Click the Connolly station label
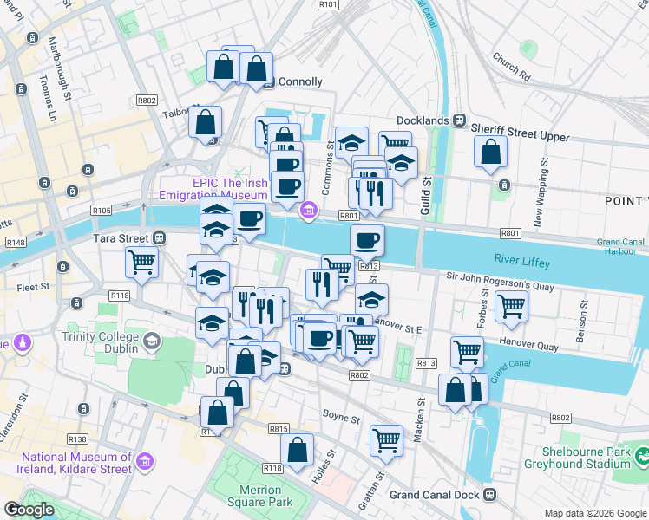tap(299, 82)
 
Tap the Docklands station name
tap(423, 120)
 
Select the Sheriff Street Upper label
tap(520, 136)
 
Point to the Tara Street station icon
tap(159, 238)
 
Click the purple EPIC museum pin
tap(307, 211)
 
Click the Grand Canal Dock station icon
tap(489, 495)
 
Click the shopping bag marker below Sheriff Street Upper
tap(490, 152)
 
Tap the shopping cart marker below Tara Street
tap(141, 261)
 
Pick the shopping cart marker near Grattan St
tap(385, 439)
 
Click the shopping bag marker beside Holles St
tap(297, 450)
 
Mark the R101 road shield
tap(328, 4)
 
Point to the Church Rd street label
tap(510, 66)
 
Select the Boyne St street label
tap(341, 419)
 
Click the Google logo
tap(28, 510)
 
